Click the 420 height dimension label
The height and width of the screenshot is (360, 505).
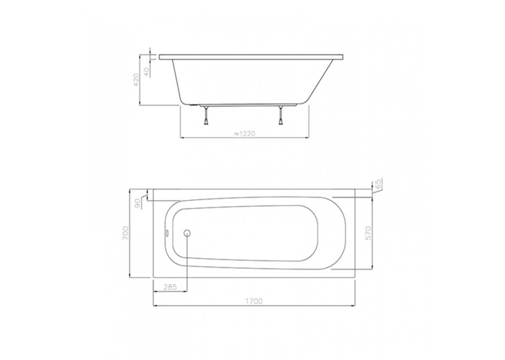[x=136, y=80]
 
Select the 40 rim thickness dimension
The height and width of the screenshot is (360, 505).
[x=147, y=72]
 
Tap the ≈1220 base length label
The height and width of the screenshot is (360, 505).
[x=244, y=133]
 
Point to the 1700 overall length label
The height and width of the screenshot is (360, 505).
[x=254, y=301]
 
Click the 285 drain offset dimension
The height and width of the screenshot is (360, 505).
[x=170, y=287]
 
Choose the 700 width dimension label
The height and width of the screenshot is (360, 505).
[x=125, y=233]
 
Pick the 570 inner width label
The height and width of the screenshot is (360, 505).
[x=368, y=233]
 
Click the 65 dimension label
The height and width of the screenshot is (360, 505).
[x=378, y=184]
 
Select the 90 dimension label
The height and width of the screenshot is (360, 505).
[x=138, y=203]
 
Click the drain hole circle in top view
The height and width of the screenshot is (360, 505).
[x=187, y=233]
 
